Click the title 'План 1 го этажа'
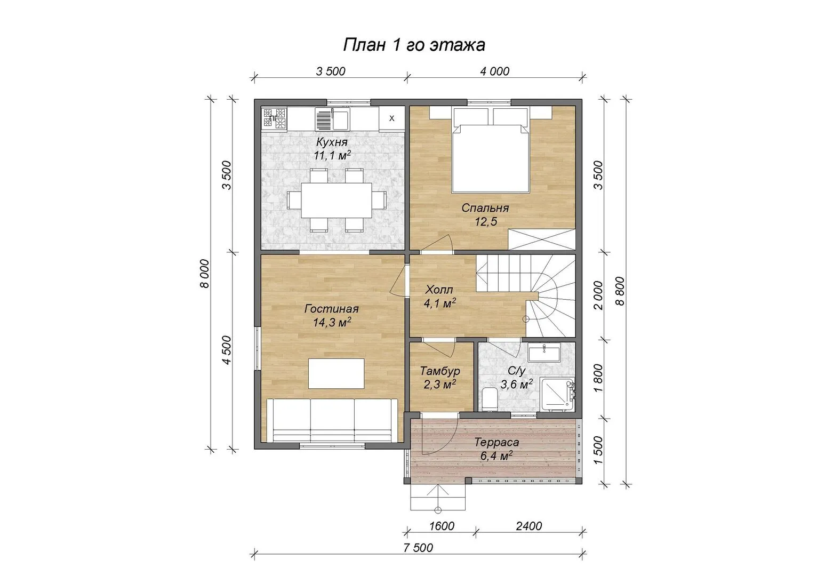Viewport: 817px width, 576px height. point(414,45)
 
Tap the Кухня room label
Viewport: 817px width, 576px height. point(332,141)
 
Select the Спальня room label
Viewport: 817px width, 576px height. point(485,208)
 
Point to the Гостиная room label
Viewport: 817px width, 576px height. point(332,309)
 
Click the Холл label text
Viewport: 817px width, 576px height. point(439,290)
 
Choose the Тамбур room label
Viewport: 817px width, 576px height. point(440,371)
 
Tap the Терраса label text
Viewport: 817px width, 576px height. point(496,443)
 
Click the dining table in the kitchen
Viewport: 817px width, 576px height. point(337,200)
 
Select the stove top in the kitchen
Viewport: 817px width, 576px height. point(274,118)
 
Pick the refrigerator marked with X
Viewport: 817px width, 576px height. point(392,118)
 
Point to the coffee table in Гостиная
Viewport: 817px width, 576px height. point(337,373)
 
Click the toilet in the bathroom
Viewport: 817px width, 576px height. point(490,399)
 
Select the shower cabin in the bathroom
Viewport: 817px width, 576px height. point(557,394)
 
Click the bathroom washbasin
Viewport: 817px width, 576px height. point(544,353)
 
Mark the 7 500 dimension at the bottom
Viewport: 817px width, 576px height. point(419,548)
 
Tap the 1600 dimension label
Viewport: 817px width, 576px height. point(442,526)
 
